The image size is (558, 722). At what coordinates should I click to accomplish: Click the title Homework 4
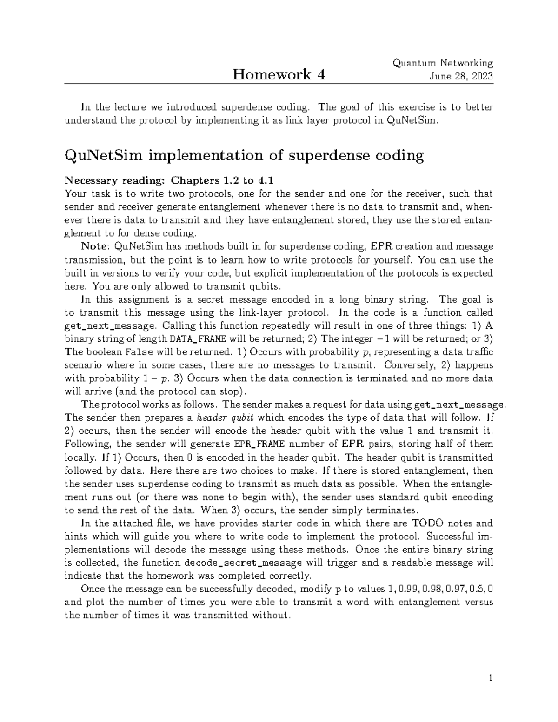click(x=279, y=74)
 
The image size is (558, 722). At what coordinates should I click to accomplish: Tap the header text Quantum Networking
click(x=443, y=63)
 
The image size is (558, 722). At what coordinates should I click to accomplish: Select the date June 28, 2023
click(x=462, y=76)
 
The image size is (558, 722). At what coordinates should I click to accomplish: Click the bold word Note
click(x=95, y=246)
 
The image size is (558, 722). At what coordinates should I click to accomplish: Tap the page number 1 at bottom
click(x=490, y=678)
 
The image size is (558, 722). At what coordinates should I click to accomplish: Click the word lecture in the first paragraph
click(x=124, y=107)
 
